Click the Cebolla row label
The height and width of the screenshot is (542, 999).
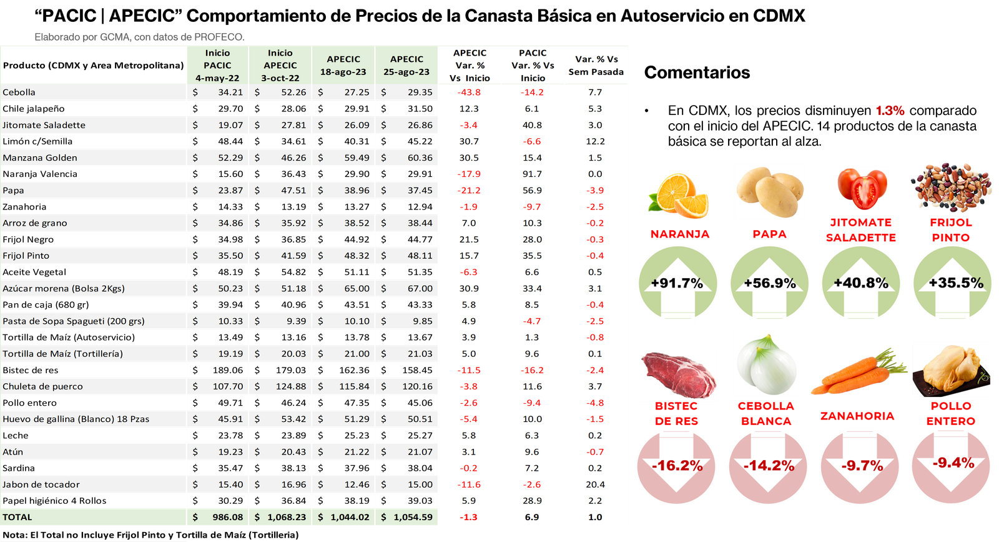(x=19, y=93)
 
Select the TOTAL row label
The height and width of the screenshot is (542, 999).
(x=17, y=518)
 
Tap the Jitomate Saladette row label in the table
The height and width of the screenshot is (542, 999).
(x=44, y=125)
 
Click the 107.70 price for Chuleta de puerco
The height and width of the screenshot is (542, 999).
(x=228, y=386)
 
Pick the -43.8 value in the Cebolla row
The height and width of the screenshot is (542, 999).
(x=469, y=93)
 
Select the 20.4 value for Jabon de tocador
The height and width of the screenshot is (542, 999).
(x=595, y=484)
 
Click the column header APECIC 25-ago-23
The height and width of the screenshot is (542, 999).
(x=406, y=66)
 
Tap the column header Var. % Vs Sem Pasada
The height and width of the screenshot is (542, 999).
(x=596, y=66)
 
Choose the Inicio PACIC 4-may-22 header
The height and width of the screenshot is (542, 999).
(x=217, y=66)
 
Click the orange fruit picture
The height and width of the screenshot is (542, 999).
(x=678, y=196)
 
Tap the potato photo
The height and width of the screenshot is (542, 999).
(x=769, y=191)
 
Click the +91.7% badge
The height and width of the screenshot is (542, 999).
(x=677, y=283)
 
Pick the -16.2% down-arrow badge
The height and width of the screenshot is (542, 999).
(x=677, y=466)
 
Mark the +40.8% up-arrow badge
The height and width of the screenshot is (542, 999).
(x=861, y=283)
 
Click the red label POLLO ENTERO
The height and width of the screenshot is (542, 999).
(x=950, y=413)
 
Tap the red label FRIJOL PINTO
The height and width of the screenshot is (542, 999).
(x=951, y=230)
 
